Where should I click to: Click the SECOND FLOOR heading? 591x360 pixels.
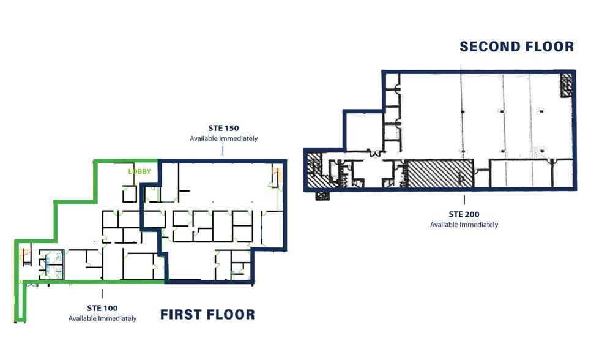click(x=516, y=47)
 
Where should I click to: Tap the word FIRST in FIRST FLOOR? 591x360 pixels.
click(x=180, y=314)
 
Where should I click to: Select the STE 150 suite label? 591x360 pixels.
click(x=223, y=129)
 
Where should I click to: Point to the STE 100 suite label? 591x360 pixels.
click(x=102, y=309)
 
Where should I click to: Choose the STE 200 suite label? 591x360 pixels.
click(x=464, y=214)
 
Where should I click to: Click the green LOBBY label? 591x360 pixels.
click(x=139, y=171)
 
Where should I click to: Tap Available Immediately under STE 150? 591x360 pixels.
click(x=223, y=138)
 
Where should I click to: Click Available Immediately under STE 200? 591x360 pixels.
click(x=464, y=225)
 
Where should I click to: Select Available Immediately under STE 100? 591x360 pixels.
click(x=102, y=318)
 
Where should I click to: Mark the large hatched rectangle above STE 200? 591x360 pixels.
click(x=440, y=174)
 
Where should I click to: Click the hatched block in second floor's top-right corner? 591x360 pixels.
click(x=566, y=85)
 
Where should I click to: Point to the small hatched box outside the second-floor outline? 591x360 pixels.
click(x=322, y=196)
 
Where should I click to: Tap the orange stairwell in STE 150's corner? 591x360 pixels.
click(x=277, y=176)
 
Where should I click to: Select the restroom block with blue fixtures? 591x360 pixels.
click(x=51, y=264)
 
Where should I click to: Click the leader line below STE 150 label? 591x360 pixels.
click(x=223, y=151)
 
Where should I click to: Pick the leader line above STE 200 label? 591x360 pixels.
click(x=464, y=200)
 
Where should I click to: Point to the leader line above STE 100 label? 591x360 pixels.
click(x=102, y=294)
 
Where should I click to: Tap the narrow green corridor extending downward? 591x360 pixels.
click(x=20, y=301)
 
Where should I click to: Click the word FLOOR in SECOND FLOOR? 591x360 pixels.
click(x=549, y=47)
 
